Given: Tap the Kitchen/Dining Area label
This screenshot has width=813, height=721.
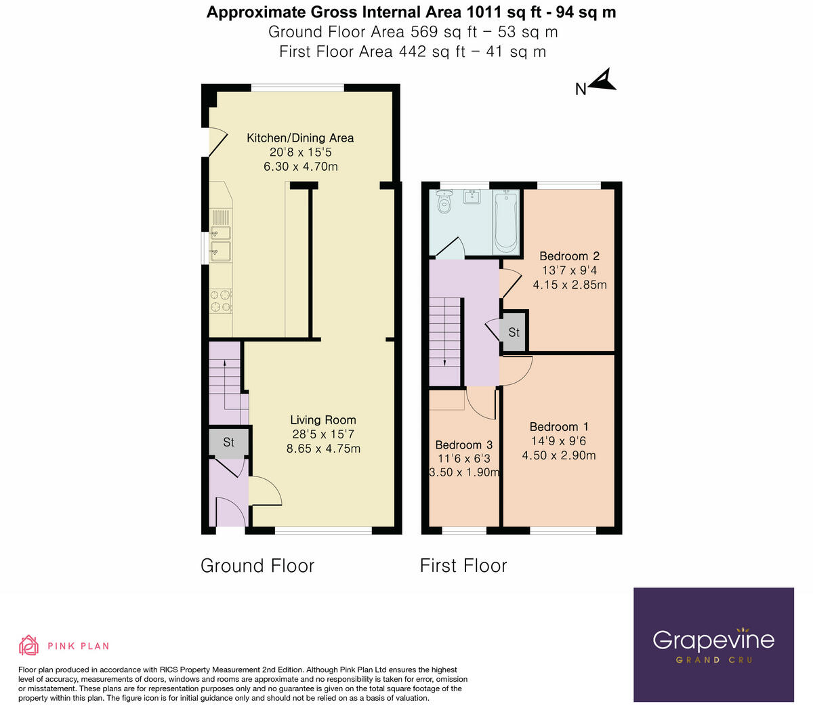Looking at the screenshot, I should coord(300,138).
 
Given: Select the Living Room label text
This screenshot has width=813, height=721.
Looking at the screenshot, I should coord(323,420).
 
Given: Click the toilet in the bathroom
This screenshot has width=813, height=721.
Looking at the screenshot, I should coord(444,201).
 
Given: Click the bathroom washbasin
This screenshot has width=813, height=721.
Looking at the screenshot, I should coord(473,197).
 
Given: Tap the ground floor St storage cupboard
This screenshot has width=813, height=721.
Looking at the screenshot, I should coord(229,442).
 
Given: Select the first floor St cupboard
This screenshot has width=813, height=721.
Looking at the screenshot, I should coord(514,332).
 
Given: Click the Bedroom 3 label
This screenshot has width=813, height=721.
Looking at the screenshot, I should coord(463,445).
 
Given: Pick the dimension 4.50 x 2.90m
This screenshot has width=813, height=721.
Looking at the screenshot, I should coord(559,455).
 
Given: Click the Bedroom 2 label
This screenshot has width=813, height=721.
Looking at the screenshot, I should coord(569,256).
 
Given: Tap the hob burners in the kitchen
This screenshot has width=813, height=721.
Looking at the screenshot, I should coord(221,301).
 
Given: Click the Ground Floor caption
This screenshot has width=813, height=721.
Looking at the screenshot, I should coord(257,566).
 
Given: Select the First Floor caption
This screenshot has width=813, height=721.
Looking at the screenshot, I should coord(463,566).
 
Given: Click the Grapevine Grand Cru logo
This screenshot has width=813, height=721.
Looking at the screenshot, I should coord(713,644).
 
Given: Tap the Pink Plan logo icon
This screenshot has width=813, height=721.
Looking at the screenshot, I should coord(28,645).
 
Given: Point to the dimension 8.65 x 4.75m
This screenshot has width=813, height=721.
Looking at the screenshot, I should coord(323,449).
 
